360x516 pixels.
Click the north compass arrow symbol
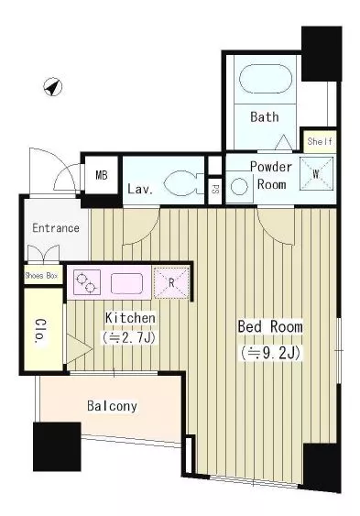(x=53, y=87)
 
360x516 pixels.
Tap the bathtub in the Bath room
(x=266, y=79)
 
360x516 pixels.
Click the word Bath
(x=265, y=116)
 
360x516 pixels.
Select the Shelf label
(x=320, y=141)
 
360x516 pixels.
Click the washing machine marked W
(x=316, y=174)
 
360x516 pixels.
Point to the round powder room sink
(x=239, y=187)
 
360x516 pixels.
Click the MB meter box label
(x=102, y=175)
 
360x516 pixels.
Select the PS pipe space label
(x=214, y=190)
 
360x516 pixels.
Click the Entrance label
(x=56, y=228)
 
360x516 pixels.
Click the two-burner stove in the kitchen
(x=87, y=281)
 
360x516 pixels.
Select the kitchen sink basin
(x=126, y=283)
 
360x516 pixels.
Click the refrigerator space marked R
(x=171, y=283)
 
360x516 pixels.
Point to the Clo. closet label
(x=41, y=332)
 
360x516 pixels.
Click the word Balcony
(x=112, y=406)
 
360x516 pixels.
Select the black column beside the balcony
(x=57, y=446)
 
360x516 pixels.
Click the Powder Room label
(x=271, y=175)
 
